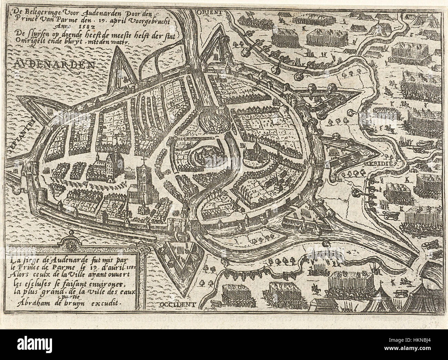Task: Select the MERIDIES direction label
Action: click(x=381, y=162)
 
